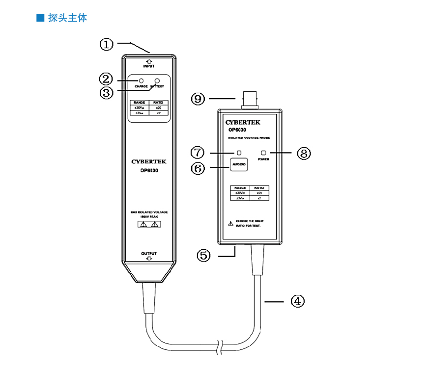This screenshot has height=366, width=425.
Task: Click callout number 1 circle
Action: tap(107, 44)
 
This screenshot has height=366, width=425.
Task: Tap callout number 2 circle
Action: tap(106, 78)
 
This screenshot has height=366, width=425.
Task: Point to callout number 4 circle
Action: tap(297, 301)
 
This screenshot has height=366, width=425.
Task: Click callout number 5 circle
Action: tap(205, 255)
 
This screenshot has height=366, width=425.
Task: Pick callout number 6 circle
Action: tap(198, 168)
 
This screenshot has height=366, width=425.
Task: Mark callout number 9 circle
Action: tap(198, 99)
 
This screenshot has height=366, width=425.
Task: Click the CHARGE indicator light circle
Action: tap(141, 80)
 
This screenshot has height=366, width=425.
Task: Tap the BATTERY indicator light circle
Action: tap(157, 80)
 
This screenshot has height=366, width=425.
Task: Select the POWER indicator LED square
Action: tap(264, 153)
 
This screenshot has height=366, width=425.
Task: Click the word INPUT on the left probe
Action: tap(148, 65)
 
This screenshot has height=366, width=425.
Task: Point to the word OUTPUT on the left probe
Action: tap(149, 254)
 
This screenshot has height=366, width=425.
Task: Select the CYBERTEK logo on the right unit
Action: tap(243, 122)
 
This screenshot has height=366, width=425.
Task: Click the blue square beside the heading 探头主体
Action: tap(40, 19)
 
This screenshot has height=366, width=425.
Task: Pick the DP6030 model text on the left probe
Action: tap(148, 171)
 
